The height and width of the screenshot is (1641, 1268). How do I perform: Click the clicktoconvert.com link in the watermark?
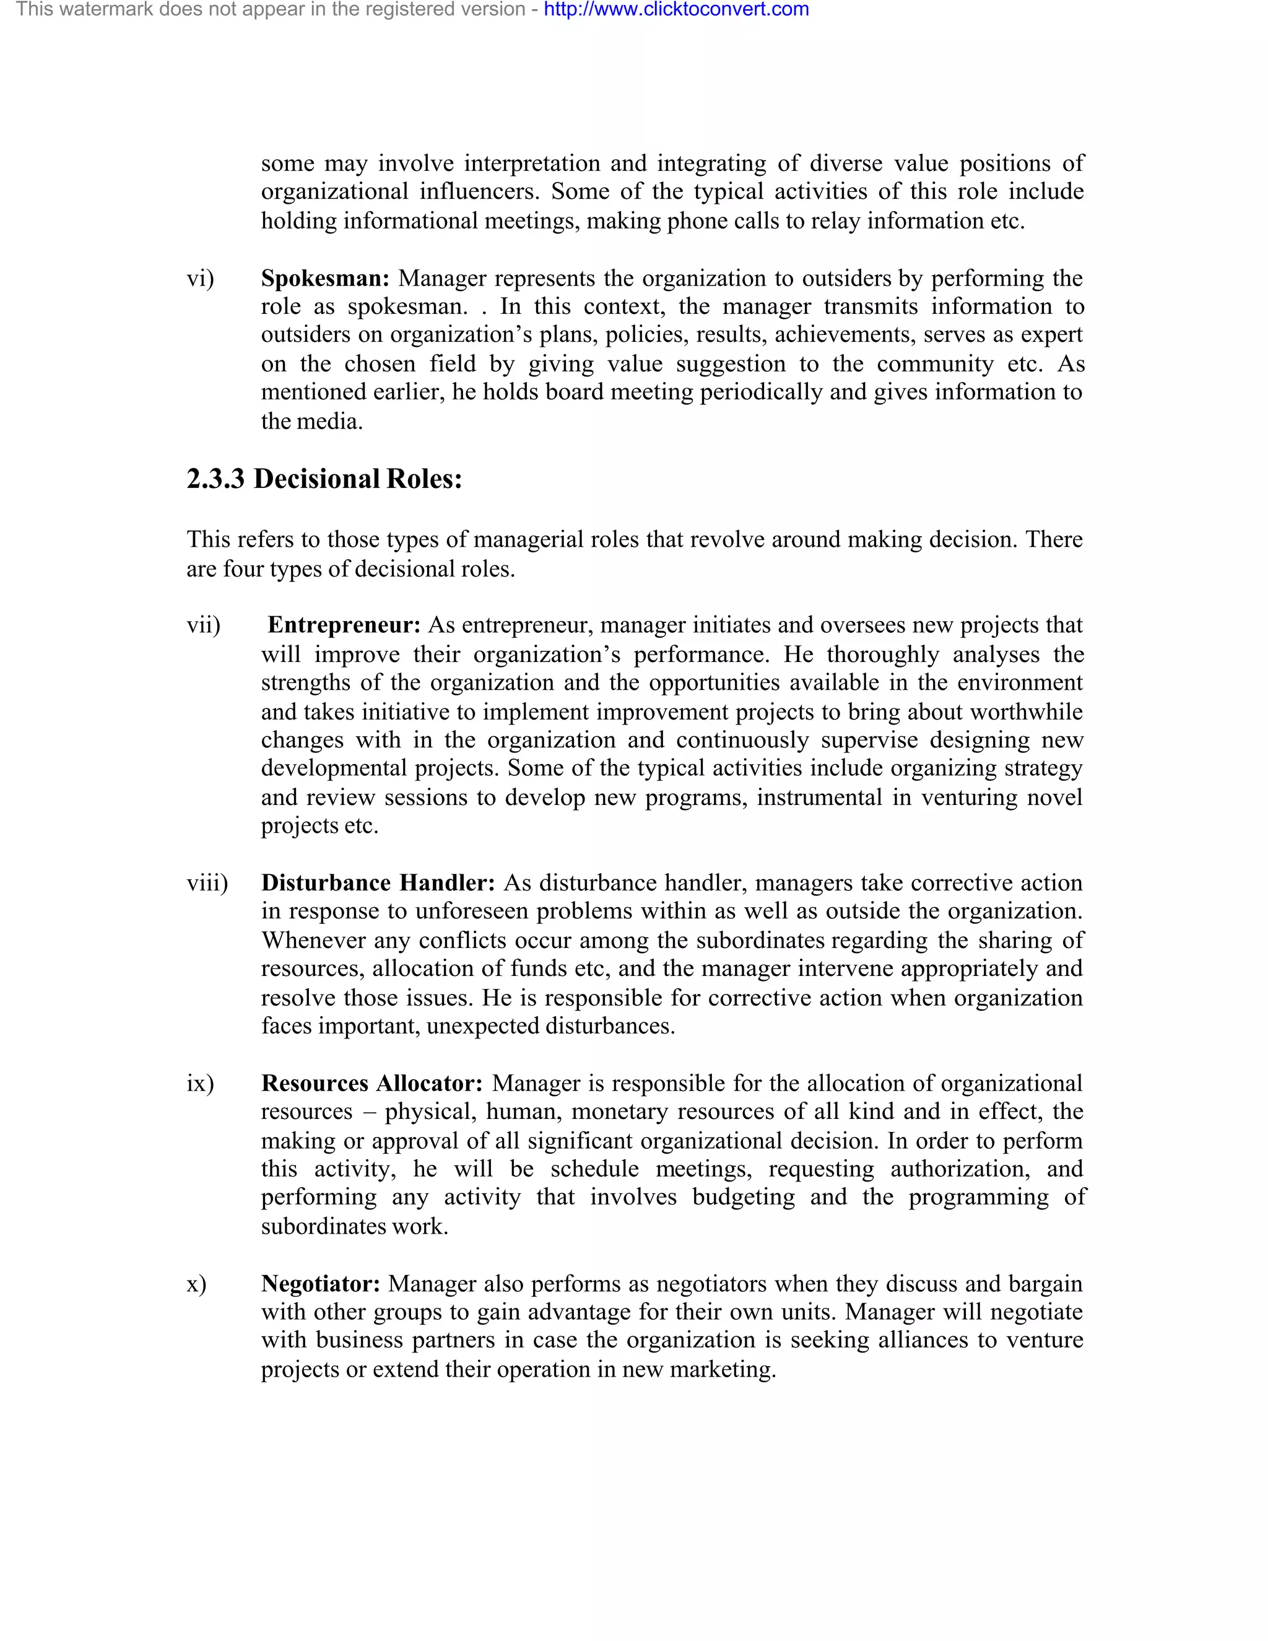(x=676, y=10)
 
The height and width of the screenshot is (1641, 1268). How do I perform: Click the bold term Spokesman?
(x=324, y=278)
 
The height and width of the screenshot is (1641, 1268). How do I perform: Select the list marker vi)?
(x=200, y=278)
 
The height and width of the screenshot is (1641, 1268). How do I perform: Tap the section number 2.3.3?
(x=215, y=479)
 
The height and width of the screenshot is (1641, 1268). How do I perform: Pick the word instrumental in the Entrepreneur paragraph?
(x=819, y=796)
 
